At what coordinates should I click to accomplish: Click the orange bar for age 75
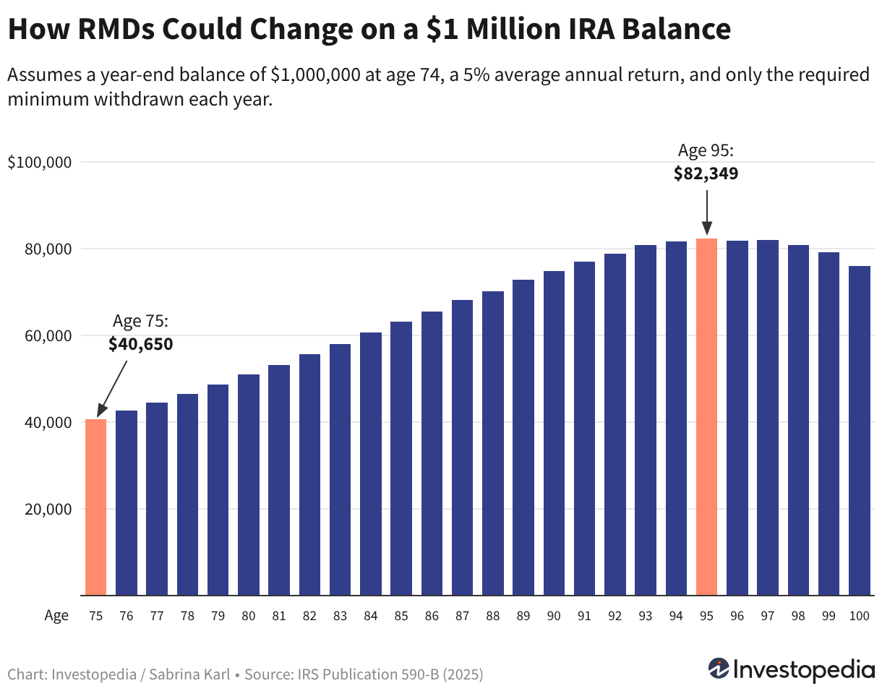click(x=95, y=507)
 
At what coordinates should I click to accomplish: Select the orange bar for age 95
click(x=706, y=417)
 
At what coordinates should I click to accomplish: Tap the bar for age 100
click(x=860, y=431)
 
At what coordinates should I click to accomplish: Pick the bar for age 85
click(x=401, y=458)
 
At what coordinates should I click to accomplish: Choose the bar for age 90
click(x=554, y=433)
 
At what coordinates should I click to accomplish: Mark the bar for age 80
click(x=249, y=485)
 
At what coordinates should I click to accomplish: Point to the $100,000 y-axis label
click(x=39, y=163)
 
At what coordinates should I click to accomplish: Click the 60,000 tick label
click(x=48, y=336)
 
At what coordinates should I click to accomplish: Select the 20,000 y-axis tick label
click(x=48, y=510)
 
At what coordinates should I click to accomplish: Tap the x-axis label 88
click(x=493, y=616)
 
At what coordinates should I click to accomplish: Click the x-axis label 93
click(x=646, y=616)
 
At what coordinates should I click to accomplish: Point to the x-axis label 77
click(x=157, y=616)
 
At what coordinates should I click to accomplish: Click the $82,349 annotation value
click(x=706, y=173)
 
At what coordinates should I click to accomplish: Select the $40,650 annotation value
click(x=140, y=344)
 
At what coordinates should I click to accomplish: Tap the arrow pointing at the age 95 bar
click(x=706, y=213)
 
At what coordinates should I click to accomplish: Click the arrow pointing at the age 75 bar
click(x=113, y=389)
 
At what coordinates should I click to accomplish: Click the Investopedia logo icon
click(x=719, y=669)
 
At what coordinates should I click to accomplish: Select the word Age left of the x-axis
click(x=56, y=617)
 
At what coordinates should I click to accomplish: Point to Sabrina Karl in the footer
click(x=189, y=674)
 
